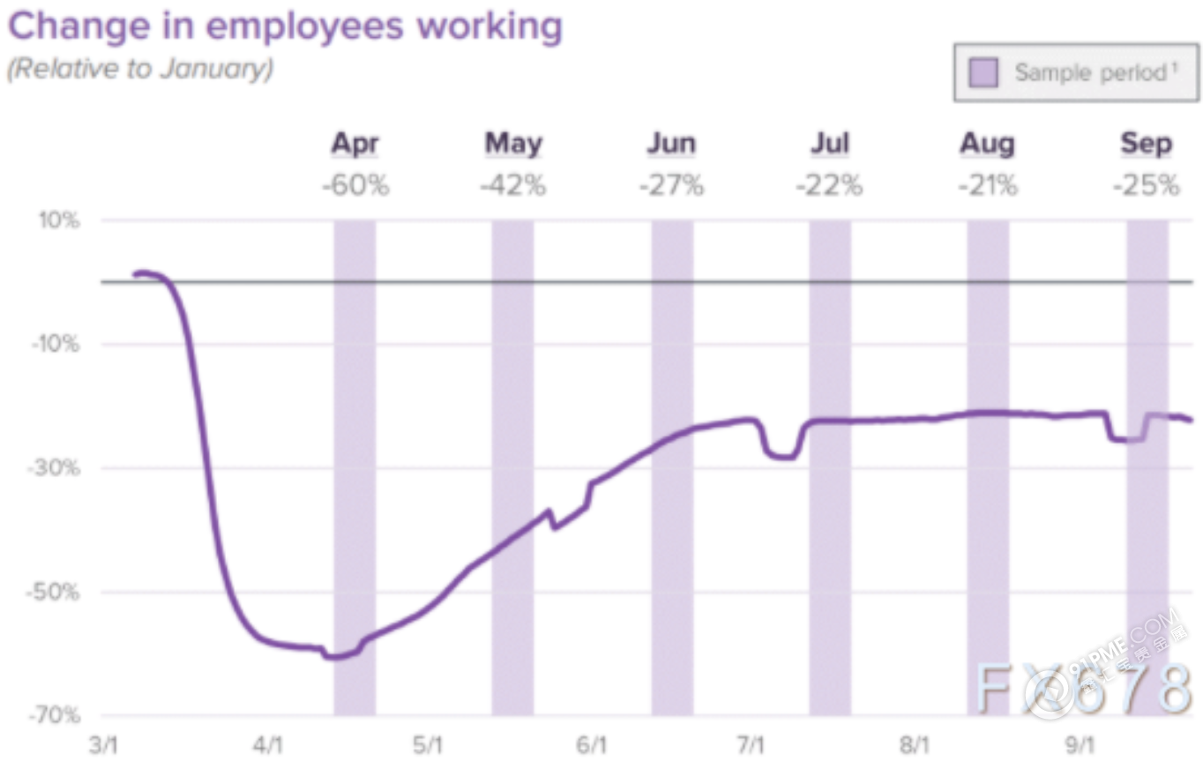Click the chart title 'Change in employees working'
(285, 27)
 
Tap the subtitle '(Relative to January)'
(140, 69)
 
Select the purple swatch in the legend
(983, 72)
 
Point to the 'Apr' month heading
(355, 143)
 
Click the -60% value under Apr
(355, 186)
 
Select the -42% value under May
(513, 186)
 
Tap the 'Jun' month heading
(671, 143)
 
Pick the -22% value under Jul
(829, 186)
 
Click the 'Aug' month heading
(987, 143)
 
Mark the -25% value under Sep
(1146, 186)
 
